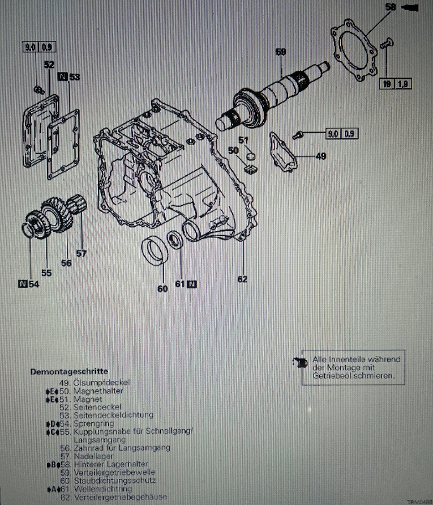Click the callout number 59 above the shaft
[281, 52]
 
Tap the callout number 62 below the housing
[243, 279]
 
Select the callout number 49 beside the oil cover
[320, 156]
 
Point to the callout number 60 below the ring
[162, 288]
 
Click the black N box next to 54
[23, 285]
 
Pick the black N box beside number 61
[192, 284]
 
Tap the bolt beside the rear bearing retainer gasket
[388, 43]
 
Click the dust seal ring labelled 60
[153, 251]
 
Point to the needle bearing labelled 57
[78, 204]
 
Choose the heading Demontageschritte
[70, 372]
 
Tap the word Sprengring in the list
[94, 423]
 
